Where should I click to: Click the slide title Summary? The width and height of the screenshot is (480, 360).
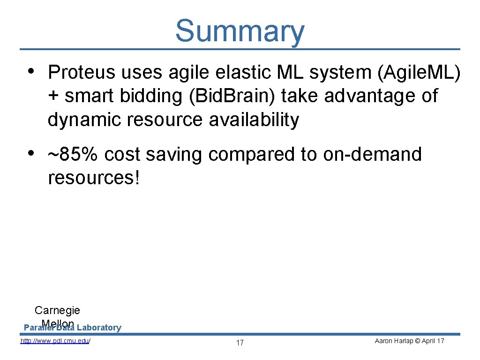[240, 31]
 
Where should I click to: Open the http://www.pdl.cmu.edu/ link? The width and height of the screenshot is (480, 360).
[55, 341]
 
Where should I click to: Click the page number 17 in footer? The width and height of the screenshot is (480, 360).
[240, 343]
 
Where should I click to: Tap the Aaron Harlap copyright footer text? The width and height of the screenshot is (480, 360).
[409, 341]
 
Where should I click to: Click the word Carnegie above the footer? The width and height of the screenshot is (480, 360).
[57, 310]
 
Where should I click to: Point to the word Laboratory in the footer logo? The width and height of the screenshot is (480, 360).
[99, 328]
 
